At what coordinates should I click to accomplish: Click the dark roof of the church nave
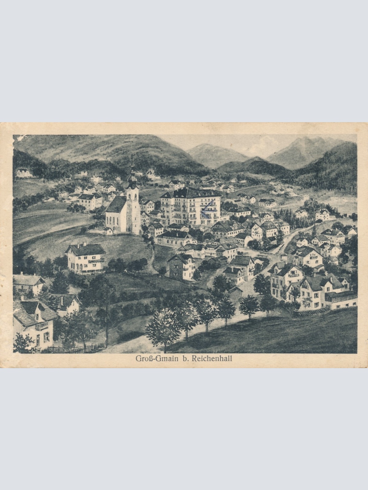coord(116,203)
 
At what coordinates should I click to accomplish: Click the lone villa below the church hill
coord(86,257)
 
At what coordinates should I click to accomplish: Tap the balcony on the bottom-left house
coord(41,326)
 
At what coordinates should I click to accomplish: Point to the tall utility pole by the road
coord(107,315)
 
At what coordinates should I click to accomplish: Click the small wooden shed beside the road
coord(236,293)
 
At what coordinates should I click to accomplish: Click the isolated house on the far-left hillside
coord(24,173)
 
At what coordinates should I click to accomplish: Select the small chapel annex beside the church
coord(109,231)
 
